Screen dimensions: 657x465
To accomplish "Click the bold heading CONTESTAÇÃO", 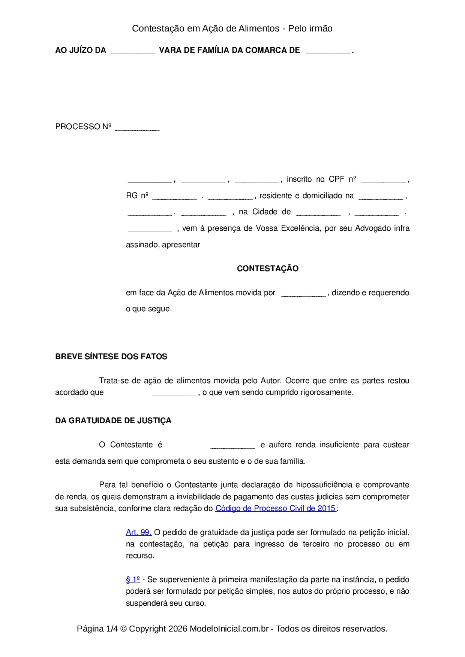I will (267, 269).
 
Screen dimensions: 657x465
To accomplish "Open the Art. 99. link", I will (138, 532).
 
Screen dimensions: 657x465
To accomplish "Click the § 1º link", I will (133, 579).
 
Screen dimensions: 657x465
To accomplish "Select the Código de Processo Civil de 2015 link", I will (275, 508).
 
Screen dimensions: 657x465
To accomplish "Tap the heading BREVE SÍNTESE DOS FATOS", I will (111, 357).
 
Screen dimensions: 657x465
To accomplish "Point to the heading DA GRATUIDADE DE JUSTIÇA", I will (113, 421).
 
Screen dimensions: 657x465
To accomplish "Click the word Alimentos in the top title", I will (259, 28).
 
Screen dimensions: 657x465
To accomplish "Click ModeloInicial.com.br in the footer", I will (229, 629).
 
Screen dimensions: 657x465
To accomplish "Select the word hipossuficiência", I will (324, 485).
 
